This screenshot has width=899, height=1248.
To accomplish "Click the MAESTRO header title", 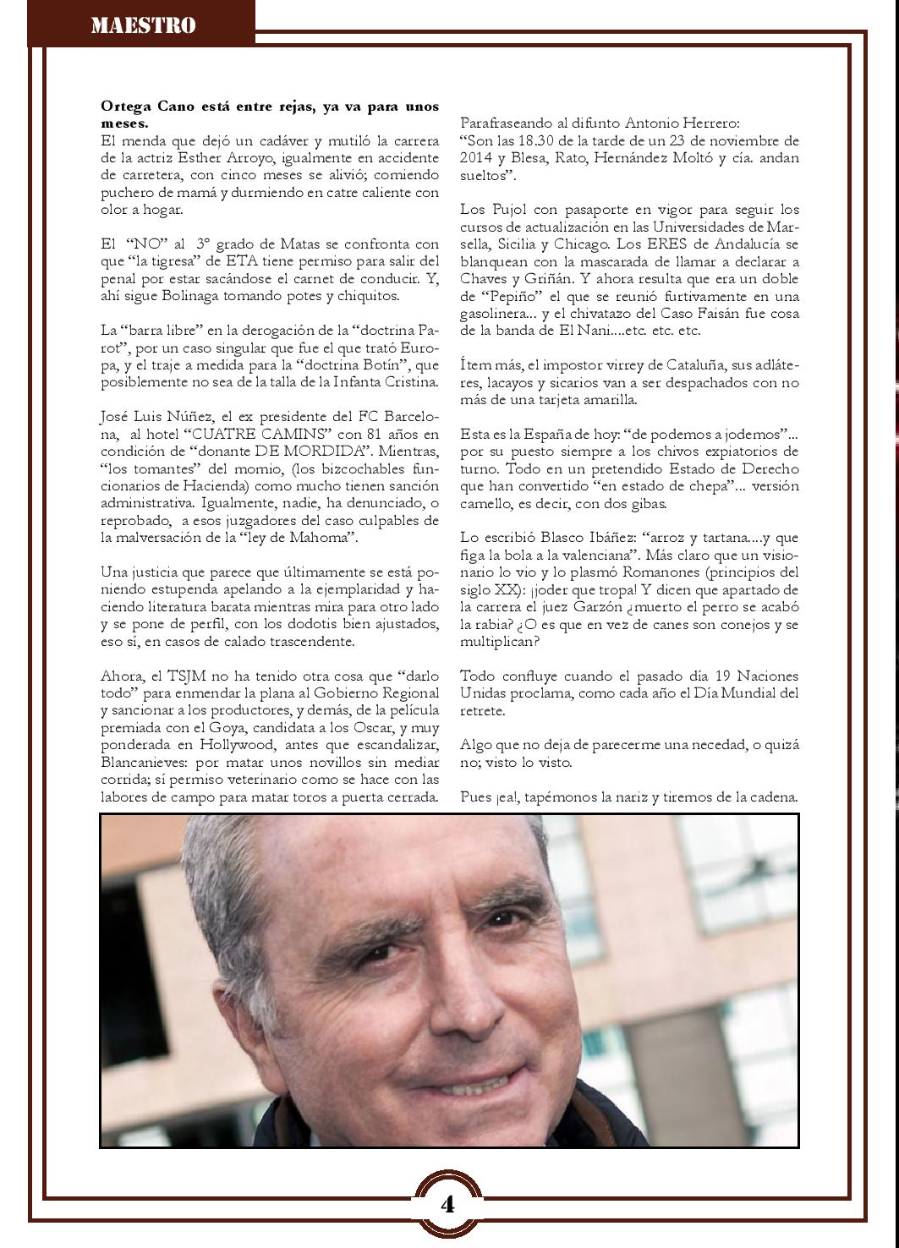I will [143, 25].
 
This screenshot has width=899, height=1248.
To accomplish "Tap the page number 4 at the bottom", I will [447, 1204].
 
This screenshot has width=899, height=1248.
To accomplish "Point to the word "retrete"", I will [483, 711].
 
